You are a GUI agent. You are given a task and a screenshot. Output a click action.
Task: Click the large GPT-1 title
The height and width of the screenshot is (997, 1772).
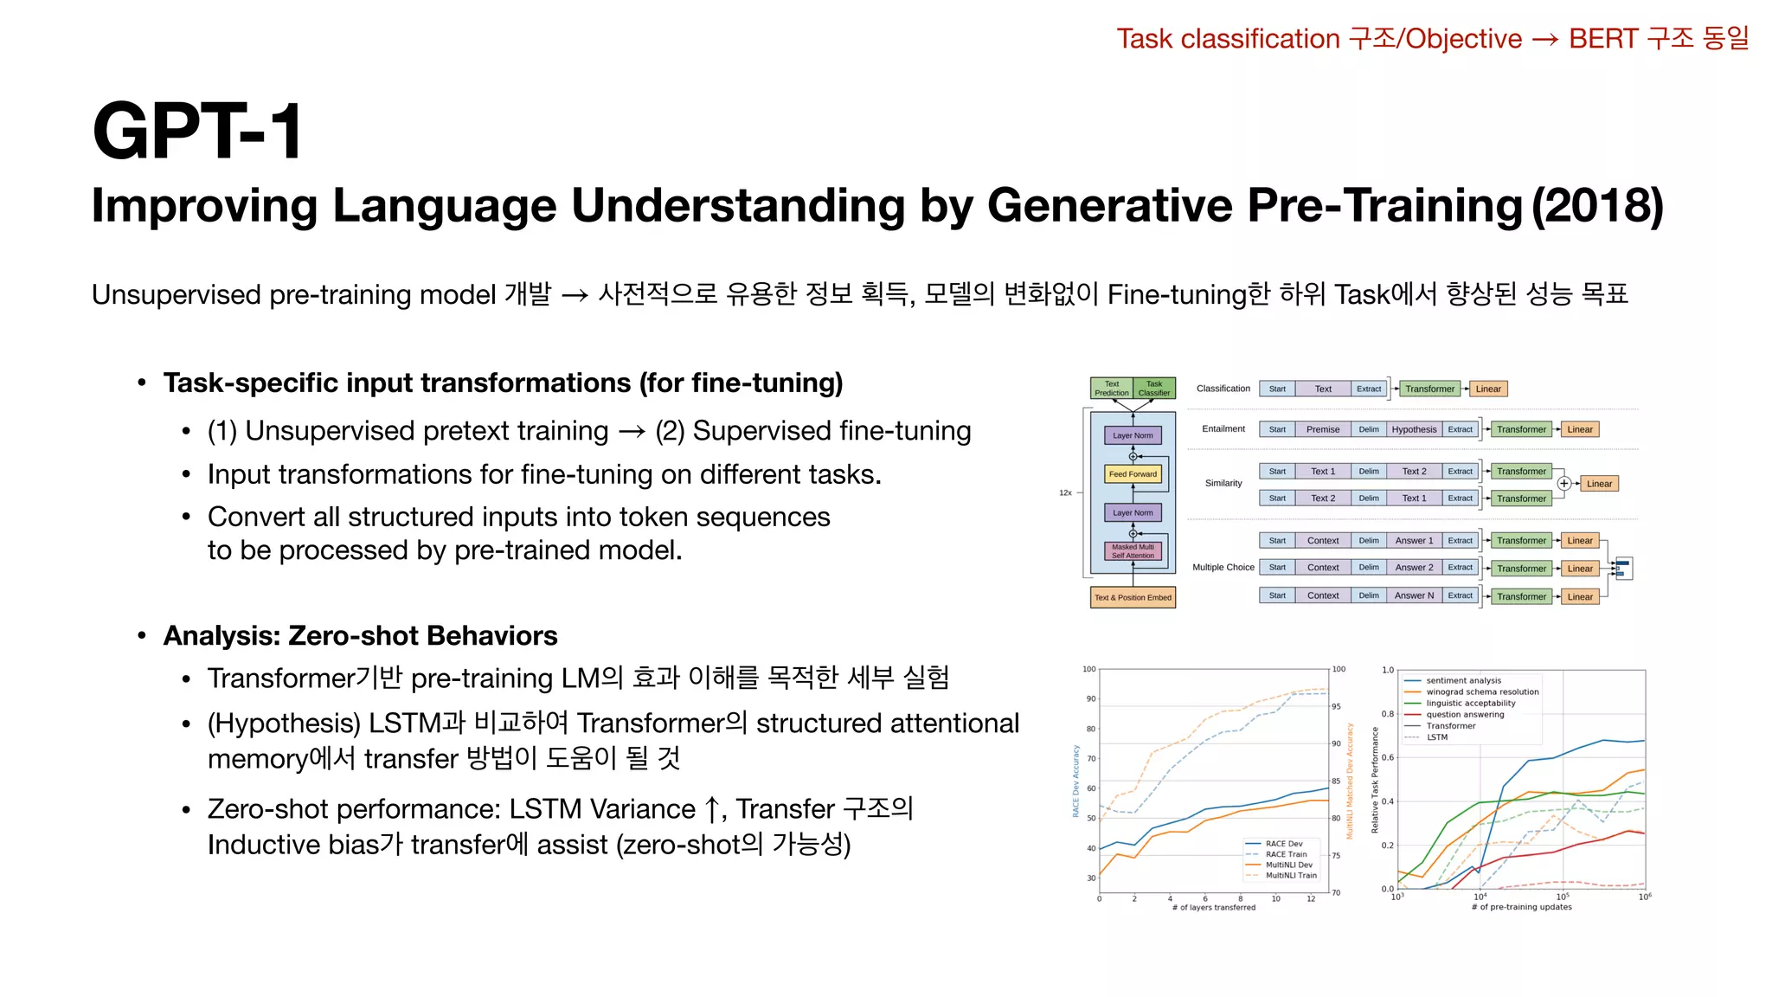click(197, 132)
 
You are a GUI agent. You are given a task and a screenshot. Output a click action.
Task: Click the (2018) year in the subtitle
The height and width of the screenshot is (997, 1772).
click(1597, 206)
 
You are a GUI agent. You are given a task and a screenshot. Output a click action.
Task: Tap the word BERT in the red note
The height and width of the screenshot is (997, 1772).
click(1602, 39)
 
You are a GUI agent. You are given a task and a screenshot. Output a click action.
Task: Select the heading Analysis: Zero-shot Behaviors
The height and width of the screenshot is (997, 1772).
click(360, 635)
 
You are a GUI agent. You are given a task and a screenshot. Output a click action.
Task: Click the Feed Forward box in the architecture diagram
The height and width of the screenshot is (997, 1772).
click(1133, 474)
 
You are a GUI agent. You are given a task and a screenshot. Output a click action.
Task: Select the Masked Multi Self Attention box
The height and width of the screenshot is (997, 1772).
click(1133, 551)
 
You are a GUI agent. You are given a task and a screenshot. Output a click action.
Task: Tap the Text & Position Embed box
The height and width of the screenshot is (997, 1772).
click(1133, 597)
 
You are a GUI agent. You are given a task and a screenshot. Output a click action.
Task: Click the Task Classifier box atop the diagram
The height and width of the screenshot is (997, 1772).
click(1154, 389)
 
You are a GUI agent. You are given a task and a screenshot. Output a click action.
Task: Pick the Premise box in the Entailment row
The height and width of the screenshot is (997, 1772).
click(1323, 429)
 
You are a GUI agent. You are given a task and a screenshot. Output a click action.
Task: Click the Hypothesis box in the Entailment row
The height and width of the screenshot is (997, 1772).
click(1414, 429)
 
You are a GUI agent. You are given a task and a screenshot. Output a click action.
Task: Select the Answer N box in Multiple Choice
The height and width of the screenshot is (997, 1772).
click(1414, 595)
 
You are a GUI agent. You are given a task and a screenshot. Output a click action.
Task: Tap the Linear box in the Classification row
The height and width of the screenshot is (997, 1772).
click(1488, 389)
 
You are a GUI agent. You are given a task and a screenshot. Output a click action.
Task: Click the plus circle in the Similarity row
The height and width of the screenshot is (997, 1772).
click(1563, 484)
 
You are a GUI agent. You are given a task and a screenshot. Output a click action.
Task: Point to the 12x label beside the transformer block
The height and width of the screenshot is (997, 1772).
click(1065, 492)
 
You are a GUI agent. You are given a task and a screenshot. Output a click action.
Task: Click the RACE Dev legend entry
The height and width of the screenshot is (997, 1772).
click(1283, 843)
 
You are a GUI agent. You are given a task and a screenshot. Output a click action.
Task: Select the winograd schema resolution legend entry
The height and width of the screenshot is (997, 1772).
click(1482, 691)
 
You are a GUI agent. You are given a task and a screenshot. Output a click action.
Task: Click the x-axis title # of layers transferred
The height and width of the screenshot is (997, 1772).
click(1213, 907)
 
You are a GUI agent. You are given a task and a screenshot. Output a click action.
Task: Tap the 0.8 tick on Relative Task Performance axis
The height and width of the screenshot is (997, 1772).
click(1387, 714)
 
